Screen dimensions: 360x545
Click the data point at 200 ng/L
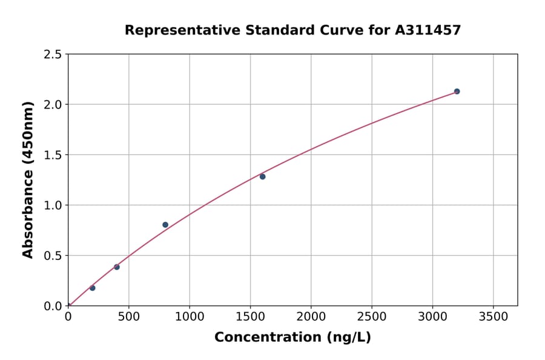coord(92,288)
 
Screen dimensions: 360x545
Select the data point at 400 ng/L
coord(117,267)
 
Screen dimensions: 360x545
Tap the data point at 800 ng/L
coord(165,225)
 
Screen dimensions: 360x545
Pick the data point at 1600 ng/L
coord(262,176)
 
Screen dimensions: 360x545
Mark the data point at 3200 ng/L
coord(457,92)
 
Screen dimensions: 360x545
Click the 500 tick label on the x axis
coord(128,318)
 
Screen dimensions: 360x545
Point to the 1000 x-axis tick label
coord(190,318)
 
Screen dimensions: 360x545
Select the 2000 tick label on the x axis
coord(311,318)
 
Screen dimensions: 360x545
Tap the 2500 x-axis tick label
coord(372,318)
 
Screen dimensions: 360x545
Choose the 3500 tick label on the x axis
coord(493,318)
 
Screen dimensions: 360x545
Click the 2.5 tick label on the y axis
coord(53,55)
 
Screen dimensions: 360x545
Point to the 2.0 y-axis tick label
coord(53,105)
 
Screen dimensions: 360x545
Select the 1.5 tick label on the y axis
coord(53,155)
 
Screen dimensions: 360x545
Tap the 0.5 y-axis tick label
coord(53,256)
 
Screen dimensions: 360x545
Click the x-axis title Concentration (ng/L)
coord(292,338)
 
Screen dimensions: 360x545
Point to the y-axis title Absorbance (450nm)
coord(28,179)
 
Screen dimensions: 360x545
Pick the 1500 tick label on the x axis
coord(250,318)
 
